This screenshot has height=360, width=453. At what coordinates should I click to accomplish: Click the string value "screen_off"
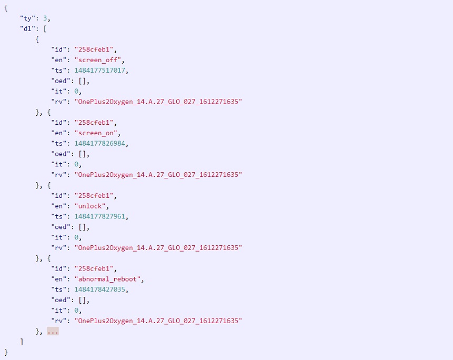click(x=98, y=60)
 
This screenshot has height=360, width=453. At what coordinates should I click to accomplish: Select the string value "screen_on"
click(x=96, y=133)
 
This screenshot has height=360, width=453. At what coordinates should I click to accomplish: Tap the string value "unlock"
click(x=90, y=206)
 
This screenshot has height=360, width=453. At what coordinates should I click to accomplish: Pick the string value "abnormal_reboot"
click(x=107, y=279)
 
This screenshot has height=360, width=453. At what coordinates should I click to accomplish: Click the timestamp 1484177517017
click(x=99, y=71)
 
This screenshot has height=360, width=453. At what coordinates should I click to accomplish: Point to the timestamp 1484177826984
click(x=99, y=144)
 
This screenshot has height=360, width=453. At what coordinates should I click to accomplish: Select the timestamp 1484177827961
click(x=99, y=216)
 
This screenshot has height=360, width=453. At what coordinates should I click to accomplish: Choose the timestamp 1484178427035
click(x=99, y=289)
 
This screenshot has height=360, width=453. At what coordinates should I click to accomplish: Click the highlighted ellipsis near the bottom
click(x=53, y=332)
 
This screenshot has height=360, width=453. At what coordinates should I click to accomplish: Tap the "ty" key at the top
click(x=27, y=18)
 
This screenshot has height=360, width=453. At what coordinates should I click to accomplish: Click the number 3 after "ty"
click(x=45, y=18)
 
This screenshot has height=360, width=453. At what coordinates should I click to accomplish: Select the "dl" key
click(x=27, y=29)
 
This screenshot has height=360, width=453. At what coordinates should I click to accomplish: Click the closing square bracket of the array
click(x=22, y=342)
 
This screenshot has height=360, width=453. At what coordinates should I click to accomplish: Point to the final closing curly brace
click(x=6, y=352)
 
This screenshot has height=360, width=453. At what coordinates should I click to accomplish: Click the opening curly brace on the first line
click(x=6, y=8)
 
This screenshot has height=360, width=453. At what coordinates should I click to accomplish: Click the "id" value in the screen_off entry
click(x=94, y=49)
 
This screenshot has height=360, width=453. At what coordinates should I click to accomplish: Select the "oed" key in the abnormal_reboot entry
click(x=61, y=300)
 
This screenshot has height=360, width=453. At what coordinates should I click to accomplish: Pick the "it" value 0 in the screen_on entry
click(x=76, y=164)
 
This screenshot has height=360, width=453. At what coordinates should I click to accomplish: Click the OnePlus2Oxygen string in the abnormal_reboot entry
click(x=158, y=321)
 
